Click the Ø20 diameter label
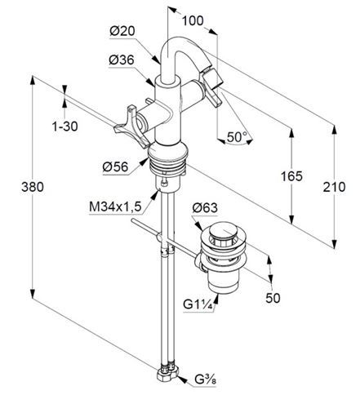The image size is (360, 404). [x=122, y=31]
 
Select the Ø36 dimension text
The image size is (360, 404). [x=122, y=60]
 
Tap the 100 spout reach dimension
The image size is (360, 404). [x=193, y=20]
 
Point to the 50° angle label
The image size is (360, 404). [x=237, y=137]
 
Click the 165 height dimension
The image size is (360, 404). [x=291, y=176]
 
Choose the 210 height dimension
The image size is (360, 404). [x=334, y=187]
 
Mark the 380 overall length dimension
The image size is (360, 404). [x=33, y=187]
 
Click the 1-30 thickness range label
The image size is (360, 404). [x=64, y=127]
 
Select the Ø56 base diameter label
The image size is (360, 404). [x=115, y=166]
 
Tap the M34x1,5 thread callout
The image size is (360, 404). [x=115, y=207]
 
